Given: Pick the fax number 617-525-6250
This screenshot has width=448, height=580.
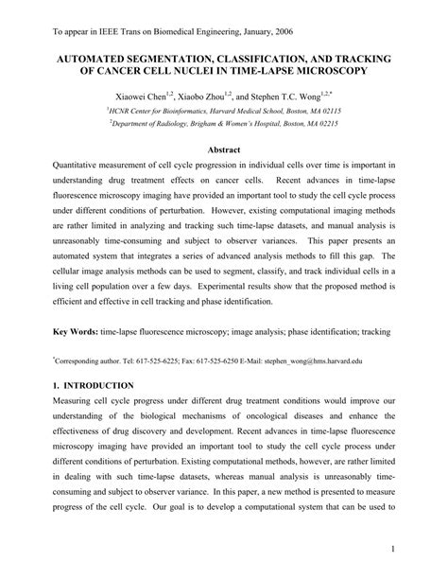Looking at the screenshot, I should [x=245, y=360].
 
